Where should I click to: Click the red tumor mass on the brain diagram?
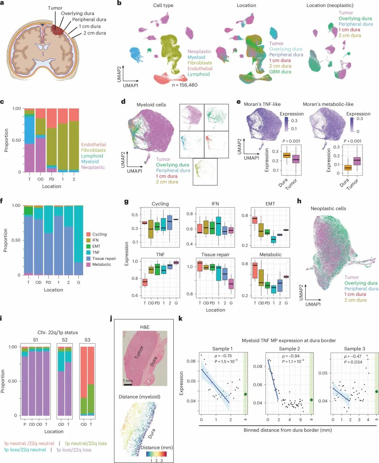[58, 30]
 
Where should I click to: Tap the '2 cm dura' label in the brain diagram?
[95, 33]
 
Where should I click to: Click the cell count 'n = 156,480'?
[185, 85]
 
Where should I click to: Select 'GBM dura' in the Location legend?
[280, 71]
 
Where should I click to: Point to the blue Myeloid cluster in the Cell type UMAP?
[137, 55]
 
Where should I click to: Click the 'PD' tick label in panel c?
[52, 179]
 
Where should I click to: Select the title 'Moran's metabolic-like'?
[328, 104]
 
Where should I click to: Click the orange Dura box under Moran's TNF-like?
[287, 155]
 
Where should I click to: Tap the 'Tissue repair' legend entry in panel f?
[104, 258]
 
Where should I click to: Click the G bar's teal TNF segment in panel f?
[79, 234]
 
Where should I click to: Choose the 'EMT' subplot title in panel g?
[270, 204]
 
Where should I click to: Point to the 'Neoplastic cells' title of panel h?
[328, 208]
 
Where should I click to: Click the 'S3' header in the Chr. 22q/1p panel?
[87, 340]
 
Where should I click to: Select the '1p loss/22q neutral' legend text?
[25, 450]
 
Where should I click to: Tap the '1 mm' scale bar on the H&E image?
[128, 385]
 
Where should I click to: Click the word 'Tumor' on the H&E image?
[139, 352]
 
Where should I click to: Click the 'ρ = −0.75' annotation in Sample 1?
[223, 355]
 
